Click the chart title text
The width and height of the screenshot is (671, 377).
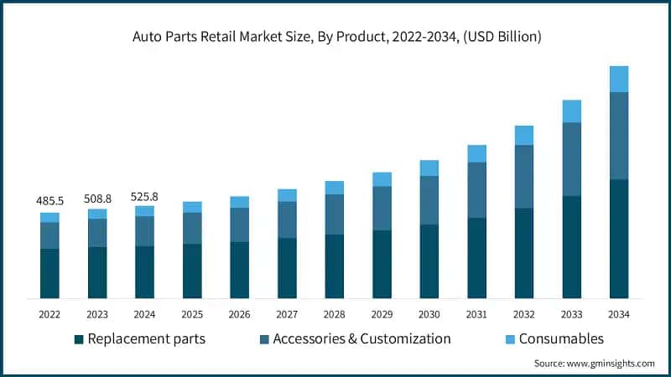pyautogui.click(x=335, y=36)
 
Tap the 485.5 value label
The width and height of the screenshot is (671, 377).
pyautogui.click(x=49, y=202)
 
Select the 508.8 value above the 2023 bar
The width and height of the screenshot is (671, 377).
pyautogui.click(x=97, y=199)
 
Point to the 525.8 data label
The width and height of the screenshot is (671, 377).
pyautogui.click(x=144, y=196)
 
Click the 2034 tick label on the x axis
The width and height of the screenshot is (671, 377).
pyautogui.click(x=619, y=313)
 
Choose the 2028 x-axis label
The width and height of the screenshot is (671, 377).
pyautogui.click(x=335, y=313)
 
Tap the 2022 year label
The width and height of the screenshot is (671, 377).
pyautogui.click(x=49, y=313)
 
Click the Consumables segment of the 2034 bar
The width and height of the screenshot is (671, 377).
pyautogui.click(x=619, y=79)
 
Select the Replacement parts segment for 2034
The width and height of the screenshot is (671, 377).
pyautogui.click(x=619, y=239)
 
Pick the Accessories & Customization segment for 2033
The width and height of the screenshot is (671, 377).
pyautogui.click(x=571, y=159)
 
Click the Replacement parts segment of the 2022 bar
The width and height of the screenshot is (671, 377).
pyautogui.click(x=49, y=273)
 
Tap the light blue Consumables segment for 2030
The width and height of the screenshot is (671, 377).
pyautogui.click(x=429, y=168)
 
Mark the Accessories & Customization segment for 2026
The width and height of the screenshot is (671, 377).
pyautogui.click(x=240, y=225)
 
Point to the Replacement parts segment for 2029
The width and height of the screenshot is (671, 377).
pyautogui.click(x=382, y=264)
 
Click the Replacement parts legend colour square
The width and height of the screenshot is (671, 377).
pyautogui.click(x=79, y=339)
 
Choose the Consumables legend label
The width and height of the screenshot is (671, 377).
pyautogui.click(x=561, y=339)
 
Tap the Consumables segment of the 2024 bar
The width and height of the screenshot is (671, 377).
pyautogui.click(x=144, y=211)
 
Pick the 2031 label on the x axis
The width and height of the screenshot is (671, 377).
pyautogui.click(x=476, y=313)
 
